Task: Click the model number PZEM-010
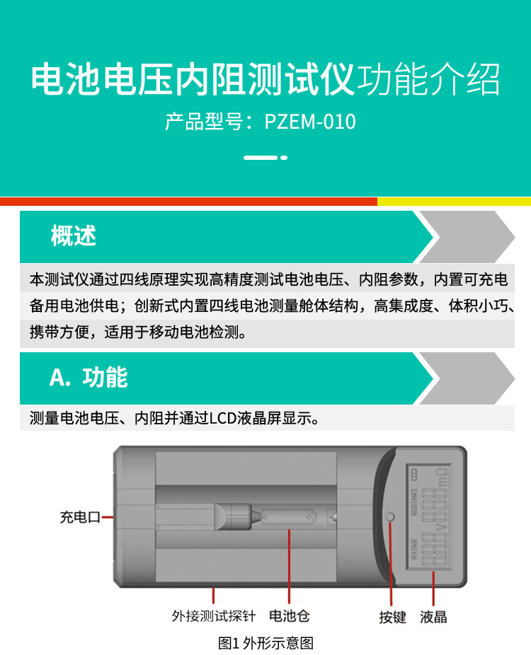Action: (310, 122)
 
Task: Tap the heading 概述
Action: (73, 236)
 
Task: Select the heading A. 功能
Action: (88, 377)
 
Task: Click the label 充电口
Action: (79, 518)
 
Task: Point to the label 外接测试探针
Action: (213, 616)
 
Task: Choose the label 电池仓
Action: (290, 616)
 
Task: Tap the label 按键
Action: (392, 617)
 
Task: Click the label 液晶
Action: (433, 617)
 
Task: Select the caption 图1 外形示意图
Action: (265, 642)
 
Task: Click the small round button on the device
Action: (389, 517)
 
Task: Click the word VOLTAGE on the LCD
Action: (414, 550)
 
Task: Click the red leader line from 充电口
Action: (108, 518)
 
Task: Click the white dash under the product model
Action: (261, 157)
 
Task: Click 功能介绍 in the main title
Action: (428, 80)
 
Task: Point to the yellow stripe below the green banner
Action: (453, 202)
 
